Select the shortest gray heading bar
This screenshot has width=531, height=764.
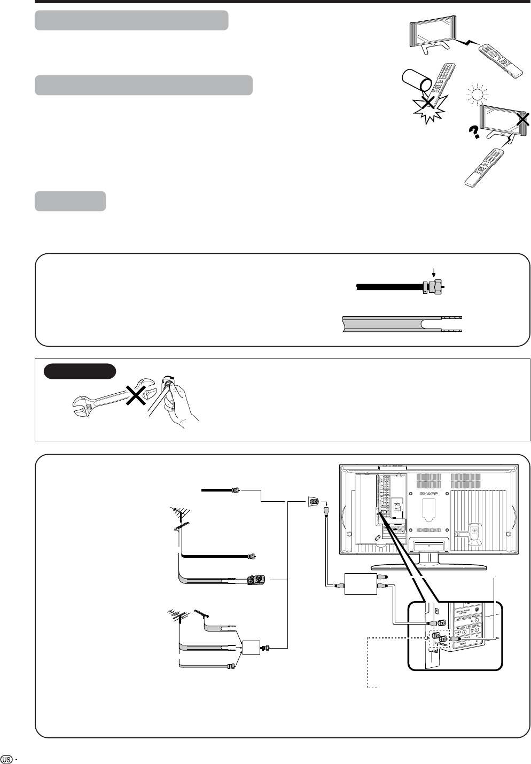pyautogui.click(x=70, y=201)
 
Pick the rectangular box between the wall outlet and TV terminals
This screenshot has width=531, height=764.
pyautogui.click(x=360, y=583)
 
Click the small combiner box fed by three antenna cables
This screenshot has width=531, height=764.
pyautogui.click(x=251, y=648)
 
